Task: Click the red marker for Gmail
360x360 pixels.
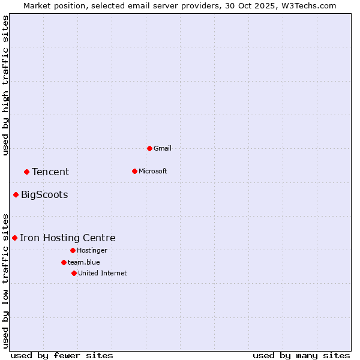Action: [149, 148]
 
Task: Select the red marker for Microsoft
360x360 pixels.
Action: [134, 171]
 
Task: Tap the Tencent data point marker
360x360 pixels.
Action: [26, 172]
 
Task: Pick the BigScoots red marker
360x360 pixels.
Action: [16, 194]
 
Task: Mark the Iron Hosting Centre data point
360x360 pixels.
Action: [14, 238]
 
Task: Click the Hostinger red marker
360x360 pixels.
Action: [73, 250]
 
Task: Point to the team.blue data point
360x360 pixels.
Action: [64, 262]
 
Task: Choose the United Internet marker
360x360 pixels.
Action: [74, 273]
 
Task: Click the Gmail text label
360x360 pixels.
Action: [163, 148]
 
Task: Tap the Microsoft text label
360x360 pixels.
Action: [153, 171]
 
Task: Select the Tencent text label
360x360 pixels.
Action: [50, 172]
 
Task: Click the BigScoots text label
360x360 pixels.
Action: [44, 194]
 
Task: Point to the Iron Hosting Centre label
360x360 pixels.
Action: [67, 238]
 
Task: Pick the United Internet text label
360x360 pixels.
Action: [103, 273]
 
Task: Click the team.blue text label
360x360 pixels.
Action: [84, 262]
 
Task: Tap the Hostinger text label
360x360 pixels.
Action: [92, 250]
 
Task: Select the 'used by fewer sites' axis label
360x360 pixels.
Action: [62, 355]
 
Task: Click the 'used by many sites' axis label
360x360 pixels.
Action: [301, 355]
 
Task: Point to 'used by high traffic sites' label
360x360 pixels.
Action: [5, 85]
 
